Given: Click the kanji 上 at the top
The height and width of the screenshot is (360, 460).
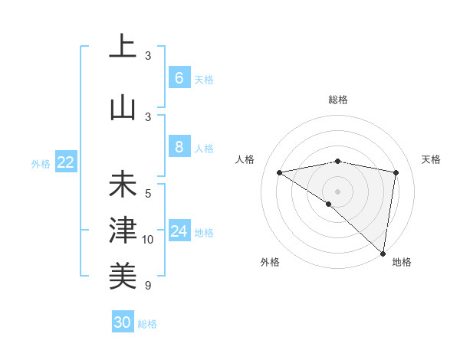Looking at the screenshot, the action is point(123,47).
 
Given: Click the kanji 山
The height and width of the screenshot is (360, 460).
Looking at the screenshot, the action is point(123,106).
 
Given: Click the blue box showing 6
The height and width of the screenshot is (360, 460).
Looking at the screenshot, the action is point(179,78).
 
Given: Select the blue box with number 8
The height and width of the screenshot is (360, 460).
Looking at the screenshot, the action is point(179,147).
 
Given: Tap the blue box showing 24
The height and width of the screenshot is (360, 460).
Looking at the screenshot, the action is point(179,231).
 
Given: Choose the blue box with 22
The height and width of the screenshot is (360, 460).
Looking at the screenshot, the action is point(66,162).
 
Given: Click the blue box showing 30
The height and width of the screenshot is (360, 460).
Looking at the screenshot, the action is point(123,322).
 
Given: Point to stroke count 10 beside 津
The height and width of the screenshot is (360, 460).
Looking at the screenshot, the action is point(149,240).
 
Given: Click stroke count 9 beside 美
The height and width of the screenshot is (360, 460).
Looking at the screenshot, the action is point(148,286).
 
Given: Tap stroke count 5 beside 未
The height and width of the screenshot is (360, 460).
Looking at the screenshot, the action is point(148,193).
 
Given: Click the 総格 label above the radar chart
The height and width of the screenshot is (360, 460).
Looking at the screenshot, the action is point(337,100).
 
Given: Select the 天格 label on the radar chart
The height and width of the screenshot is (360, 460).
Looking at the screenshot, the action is point(431,159).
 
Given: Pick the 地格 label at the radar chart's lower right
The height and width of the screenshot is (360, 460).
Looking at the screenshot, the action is point(402,262).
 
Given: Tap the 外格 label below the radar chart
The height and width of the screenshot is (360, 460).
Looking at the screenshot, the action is point(270,262).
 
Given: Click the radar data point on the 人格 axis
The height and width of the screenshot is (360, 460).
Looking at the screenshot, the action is point(280,172).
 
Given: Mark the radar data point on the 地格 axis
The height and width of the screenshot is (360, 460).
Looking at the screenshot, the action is point(383,253).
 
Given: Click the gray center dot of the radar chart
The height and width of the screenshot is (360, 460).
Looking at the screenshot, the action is point(337,191).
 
